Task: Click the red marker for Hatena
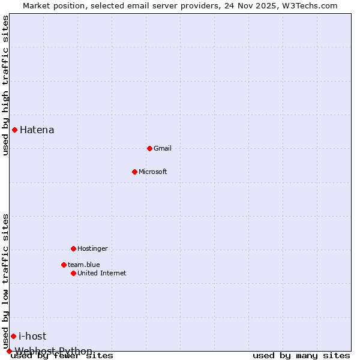tap(14, 130)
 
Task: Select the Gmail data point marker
tap(149, 148)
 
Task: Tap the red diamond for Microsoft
tap(134, 172)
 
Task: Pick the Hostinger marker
tap(73, 248)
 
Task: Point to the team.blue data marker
tap(64, 265)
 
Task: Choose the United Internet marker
tap(73, 273)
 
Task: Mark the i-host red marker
tap(13, 336)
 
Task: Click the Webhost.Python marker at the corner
tap(9, 351)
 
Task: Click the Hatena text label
tap(37, 130)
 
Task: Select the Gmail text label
tap(163, 148)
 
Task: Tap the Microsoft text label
tap(153, 172)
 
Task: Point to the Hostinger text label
tap(93, 248)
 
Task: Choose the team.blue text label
tap(84, 265)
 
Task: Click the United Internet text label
tap(102, 273)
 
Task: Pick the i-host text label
tap(32, 336)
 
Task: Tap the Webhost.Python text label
tap(54, 351)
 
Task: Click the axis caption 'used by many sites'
tap(301, 356)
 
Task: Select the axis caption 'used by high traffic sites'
tap(5, 85)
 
